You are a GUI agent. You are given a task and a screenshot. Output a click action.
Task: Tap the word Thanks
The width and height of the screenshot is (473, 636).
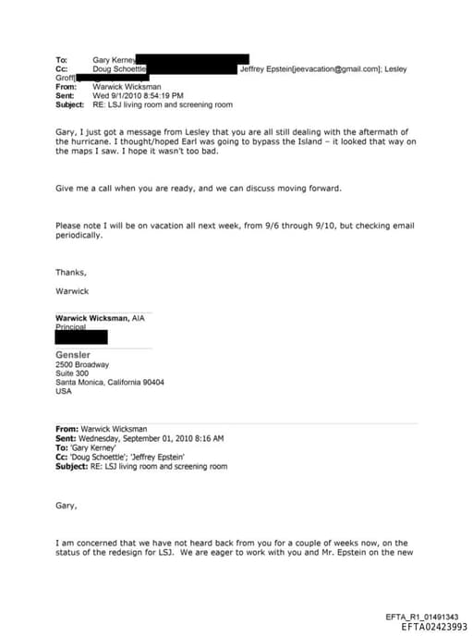click(x=71, y=272)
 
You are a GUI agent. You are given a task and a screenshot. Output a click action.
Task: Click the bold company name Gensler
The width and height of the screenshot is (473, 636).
click(x=73, y=355)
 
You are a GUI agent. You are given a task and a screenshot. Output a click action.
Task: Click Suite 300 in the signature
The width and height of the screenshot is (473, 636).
click(x=74, y=373)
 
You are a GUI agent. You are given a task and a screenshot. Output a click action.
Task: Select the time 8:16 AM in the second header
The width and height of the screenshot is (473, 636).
click(x=208, y=438)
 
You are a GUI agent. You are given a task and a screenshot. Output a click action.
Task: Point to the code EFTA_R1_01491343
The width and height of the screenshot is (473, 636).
click(x=427, y=616)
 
